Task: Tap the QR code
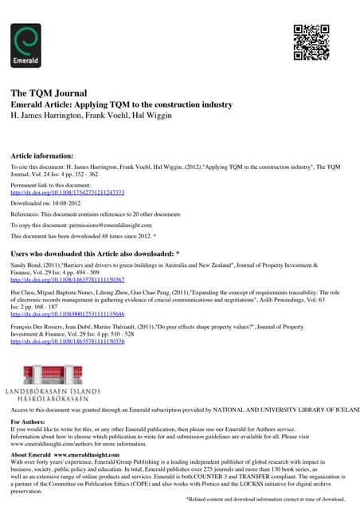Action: pyautogui.click(x=311, y=43)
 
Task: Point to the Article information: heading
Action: pyautogui.click(x=42, y=155)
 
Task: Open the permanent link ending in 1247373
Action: pyautogui.click(x=68, y=193)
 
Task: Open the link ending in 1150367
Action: pyautogui.click(x=68, y=280)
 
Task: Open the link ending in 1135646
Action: pyautogui.click(x=68, y=314)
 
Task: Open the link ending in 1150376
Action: pyautogui.click(x=68, y=341)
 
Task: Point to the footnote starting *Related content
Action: pyautogui.click(x=266, y=499)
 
